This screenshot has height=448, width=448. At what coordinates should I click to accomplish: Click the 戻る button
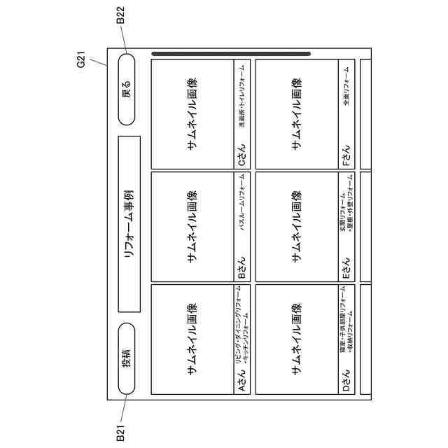pos(127,90)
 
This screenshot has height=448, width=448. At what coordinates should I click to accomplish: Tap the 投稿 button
pos(127,360)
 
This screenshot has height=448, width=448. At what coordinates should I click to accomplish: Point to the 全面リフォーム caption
pos(346,91)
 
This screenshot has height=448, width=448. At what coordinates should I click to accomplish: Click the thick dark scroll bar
pos(231,53)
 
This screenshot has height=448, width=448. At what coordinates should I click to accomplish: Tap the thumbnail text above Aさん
pos(192,339)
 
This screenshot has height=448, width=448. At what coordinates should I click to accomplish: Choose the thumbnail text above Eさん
pos(297,227)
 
